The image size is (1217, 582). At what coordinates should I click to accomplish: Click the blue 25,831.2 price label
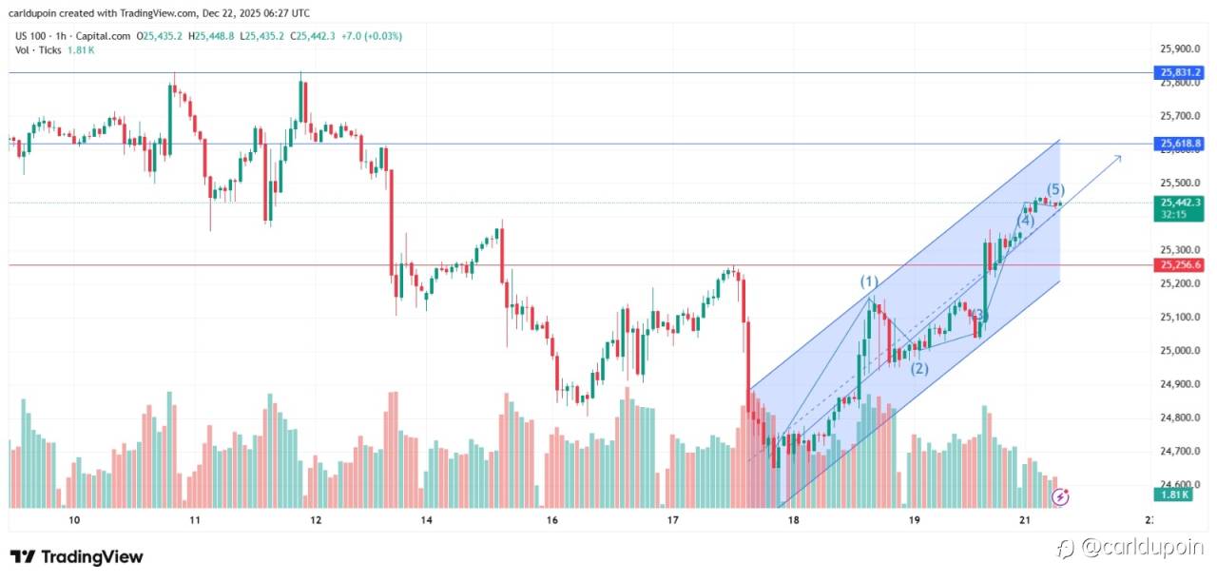pos(1180,71)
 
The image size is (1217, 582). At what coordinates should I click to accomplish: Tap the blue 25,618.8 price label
pos(1180,144)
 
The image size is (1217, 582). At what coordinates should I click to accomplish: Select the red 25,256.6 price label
pos(1180,264)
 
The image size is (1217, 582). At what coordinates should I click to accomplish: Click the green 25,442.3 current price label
pos(1180,202)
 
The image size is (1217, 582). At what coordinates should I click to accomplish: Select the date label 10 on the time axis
pos(74,520)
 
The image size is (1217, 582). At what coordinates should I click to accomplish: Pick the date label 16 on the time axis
pos(552,520)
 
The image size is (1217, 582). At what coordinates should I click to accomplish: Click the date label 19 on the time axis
pos(915,520)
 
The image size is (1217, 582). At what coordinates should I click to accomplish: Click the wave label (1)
pos(869,281)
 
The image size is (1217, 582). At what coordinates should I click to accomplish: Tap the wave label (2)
pos(919,369)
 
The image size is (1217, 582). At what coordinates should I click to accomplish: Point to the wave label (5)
pos(1055,189)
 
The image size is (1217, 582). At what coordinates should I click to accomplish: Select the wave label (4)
pos(1025,221)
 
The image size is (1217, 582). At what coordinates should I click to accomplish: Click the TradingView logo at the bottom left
pos(77,556)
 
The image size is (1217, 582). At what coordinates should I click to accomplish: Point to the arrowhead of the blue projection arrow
pos(1118,157)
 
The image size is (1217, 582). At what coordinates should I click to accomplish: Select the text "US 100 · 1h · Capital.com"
pos(73,36)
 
